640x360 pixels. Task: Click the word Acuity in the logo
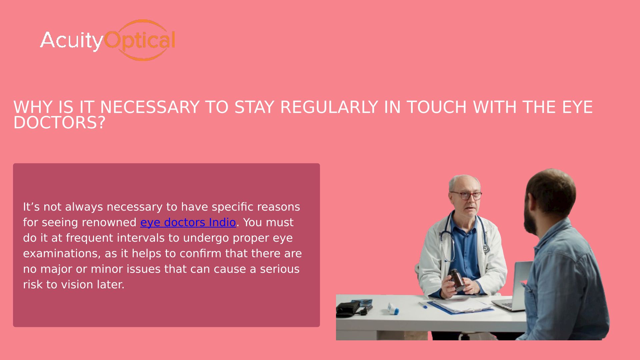tap(72, 41)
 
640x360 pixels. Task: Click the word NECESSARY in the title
tap(150, 107)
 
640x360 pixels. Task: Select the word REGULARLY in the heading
tap(329, 107)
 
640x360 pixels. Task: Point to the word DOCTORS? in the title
tap(59, 123)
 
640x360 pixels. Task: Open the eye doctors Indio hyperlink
tap(188, 222)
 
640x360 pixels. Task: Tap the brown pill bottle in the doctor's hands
tap(457, 279)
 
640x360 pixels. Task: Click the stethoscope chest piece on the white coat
tap(486, 249)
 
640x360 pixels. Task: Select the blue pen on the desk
tap(423, 305)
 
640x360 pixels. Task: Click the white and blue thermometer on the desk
tap(393, 309)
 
